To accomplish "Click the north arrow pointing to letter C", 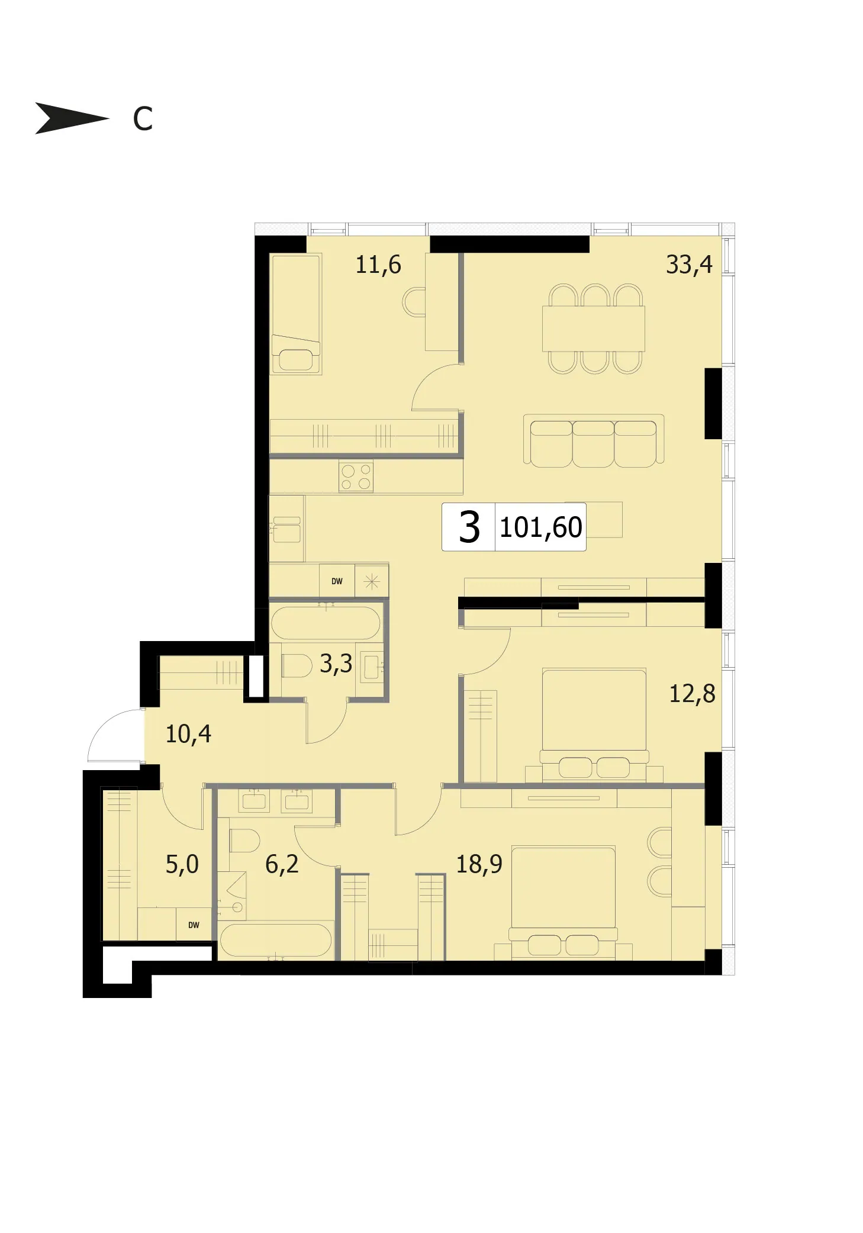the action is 71,118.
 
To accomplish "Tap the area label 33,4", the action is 689,265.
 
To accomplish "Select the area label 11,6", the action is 378,265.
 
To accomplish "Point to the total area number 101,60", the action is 541,527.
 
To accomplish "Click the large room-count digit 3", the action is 469,527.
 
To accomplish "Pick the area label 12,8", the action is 692,694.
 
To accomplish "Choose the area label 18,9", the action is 479,864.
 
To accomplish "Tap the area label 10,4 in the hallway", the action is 188,734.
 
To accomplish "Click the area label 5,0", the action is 182,864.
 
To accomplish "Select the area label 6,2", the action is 282,864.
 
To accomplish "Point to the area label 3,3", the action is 336,664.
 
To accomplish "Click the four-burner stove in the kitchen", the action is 356,477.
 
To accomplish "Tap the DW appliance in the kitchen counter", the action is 337,581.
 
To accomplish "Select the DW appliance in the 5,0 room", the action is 194,925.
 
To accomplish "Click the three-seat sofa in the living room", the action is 594,441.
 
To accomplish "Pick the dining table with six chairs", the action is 594,329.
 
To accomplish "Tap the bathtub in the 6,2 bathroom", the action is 276,940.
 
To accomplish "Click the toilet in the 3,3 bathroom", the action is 297,665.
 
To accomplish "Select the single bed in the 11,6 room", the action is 296,314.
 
